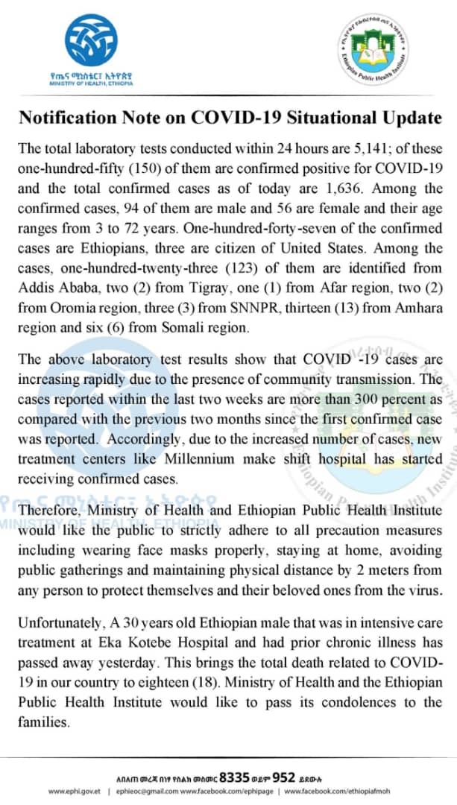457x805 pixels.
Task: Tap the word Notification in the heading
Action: pos(67,118)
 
